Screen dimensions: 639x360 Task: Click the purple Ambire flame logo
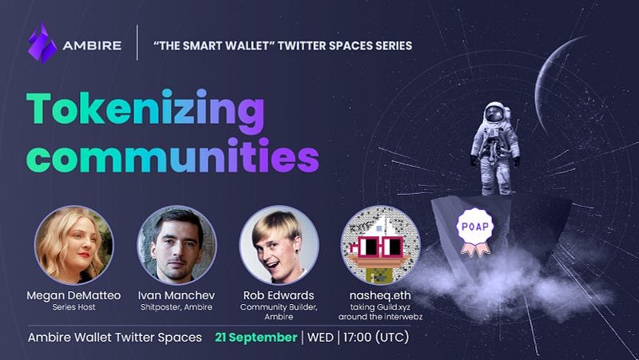(42, 43)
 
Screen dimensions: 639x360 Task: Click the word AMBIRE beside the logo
(92, 45)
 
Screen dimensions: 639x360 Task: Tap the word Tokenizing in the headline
(145, 110)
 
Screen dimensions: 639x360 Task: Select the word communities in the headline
(173, 155)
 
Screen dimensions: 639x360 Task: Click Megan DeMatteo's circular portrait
(73, 245)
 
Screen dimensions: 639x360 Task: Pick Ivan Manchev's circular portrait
(177, 245)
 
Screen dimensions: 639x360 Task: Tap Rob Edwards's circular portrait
(279, 245)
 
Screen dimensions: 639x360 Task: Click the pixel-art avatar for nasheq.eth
(380, 245)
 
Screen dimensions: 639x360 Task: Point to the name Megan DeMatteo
(73, 295)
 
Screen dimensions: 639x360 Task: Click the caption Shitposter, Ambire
(177, 307)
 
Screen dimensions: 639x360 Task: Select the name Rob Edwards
(279, 295)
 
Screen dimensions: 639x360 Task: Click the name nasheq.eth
(380, 295)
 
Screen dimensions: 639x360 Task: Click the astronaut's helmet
(495, 113)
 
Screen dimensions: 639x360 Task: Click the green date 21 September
(256, 337)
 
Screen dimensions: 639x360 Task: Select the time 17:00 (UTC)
(375, 337)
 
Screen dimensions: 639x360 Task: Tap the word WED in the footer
(320, 338)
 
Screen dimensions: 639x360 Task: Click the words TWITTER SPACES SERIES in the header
(345, 45)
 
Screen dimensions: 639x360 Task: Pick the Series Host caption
(73, 307)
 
